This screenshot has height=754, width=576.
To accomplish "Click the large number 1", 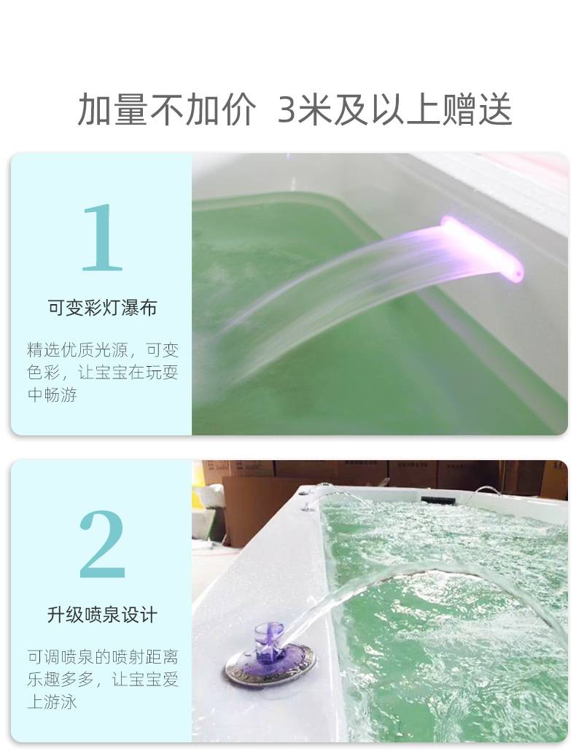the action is click(102, 237).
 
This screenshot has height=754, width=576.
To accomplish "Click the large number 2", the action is click(102, 544).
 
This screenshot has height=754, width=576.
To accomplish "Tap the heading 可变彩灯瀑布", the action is click(102, 308).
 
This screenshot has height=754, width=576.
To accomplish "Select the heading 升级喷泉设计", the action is click(102, 615).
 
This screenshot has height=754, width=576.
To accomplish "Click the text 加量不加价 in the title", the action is click(166, 109).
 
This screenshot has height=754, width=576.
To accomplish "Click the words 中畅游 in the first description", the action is click(52, 395).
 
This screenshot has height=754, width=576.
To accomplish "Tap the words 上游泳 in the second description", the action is click(52, 701).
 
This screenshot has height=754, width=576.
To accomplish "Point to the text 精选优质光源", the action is click(77, 349).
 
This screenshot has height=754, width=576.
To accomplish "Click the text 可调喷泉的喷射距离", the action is click(103, 656).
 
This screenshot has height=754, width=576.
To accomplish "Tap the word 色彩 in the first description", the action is click(44, 373).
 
